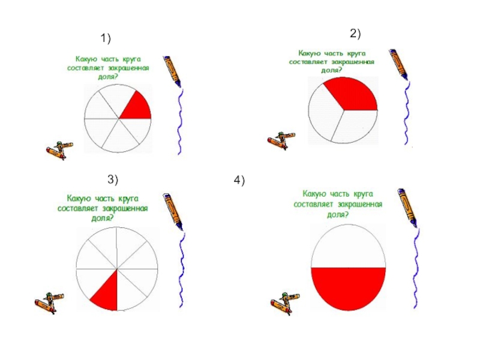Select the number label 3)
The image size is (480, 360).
coord(113,179)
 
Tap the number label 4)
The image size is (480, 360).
coord(240,181)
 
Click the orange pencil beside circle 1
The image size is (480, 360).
coord(173,71)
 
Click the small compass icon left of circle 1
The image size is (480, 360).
coord(59,149)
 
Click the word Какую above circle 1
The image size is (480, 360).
coord(86,59)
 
